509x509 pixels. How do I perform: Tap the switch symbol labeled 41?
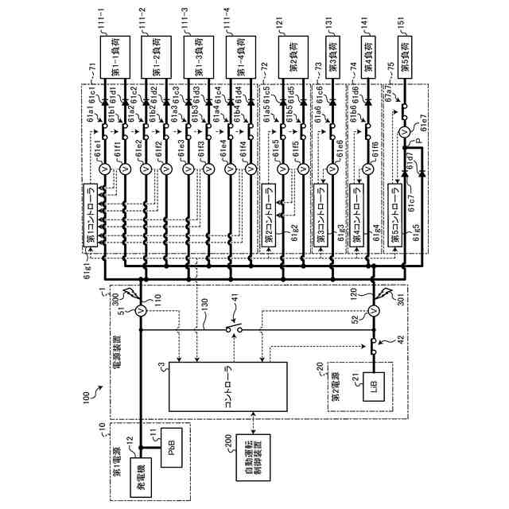(x=232, y=328)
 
